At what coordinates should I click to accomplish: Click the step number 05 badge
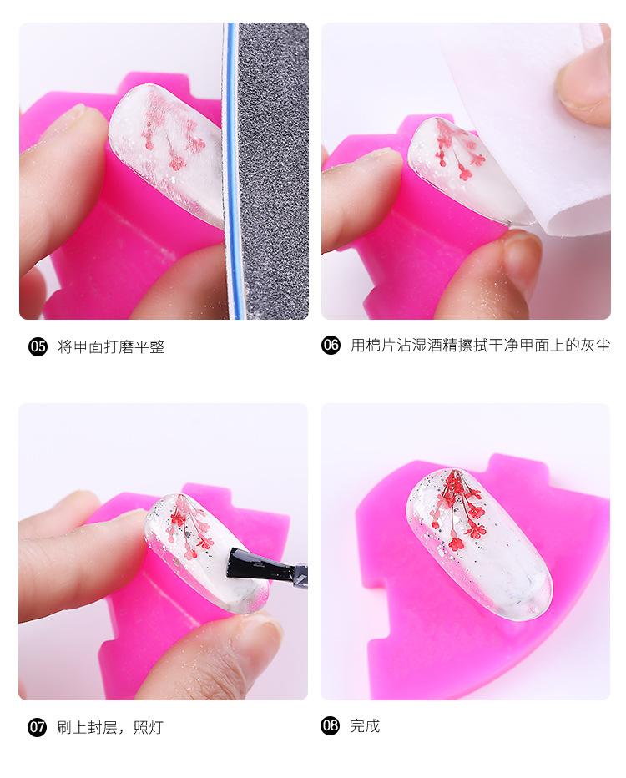click(38, 346)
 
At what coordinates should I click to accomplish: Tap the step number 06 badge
click(331, 345)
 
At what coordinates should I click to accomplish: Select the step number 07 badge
click(38, 727)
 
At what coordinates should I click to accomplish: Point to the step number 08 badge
click(331, 725)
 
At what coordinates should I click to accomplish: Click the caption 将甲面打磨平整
click(111, 346)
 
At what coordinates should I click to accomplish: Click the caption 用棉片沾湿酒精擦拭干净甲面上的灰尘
click(481, 345)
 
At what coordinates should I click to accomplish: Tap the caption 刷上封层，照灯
click(110, 727)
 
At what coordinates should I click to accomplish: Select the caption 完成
click(365, 725)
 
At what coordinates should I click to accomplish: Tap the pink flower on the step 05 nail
click(171, 134)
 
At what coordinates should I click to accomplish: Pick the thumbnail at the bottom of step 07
click(250, 639)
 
